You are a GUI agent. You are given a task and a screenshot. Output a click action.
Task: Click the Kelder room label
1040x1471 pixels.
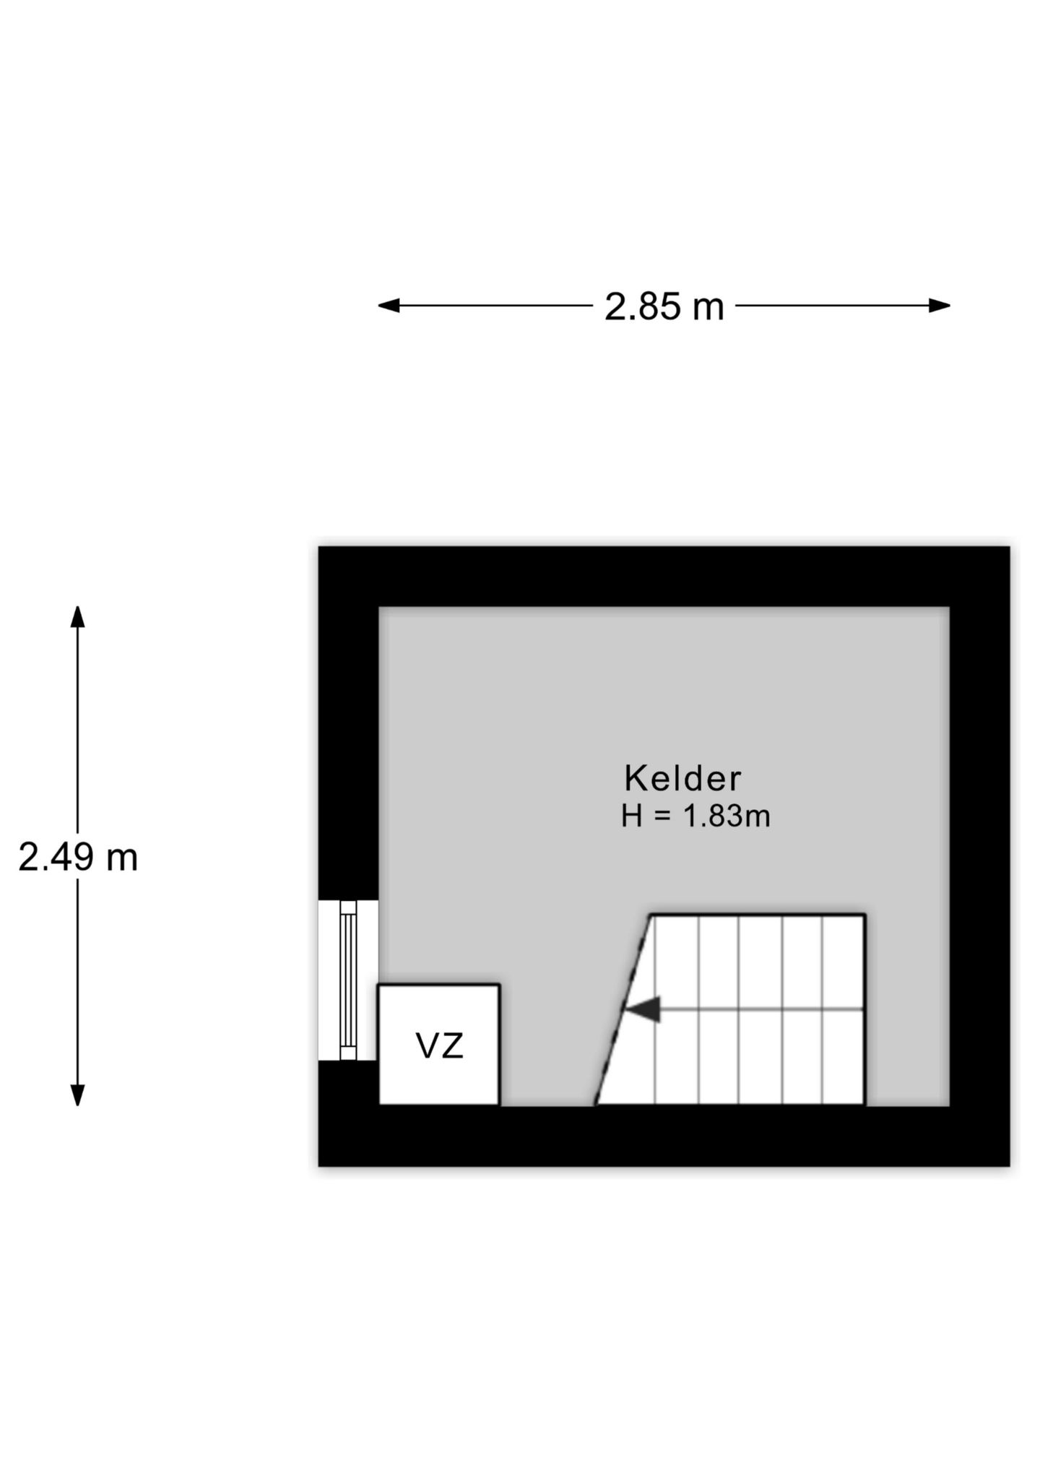point(682,779)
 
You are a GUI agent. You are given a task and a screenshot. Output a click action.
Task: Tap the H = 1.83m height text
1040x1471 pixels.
point(695,816)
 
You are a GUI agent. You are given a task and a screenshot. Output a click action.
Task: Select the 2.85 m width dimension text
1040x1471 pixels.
point(664,306)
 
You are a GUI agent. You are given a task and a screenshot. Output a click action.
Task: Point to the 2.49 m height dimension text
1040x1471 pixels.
point(78,858)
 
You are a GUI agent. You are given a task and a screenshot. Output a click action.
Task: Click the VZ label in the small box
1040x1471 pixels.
point(439,1045)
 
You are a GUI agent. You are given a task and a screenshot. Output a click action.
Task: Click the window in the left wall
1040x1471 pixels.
point(348,980)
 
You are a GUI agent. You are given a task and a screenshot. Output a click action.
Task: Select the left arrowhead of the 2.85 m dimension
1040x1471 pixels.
point(389,306)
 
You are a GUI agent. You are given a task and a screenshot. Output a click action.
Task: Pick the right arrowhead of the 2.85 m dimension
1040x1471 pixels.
point(939,306)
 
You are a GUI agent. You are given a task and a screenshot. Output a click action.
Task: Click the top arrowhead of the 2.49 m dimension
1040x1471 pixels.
point(77,617)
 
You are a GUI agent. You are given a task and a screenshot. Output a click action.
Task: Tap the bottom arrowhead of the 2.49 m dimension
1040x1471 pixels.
point(77,1095)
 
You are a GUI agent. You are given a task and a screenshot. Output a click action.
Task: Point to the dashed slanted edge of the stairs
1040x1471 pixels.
point(623,1010)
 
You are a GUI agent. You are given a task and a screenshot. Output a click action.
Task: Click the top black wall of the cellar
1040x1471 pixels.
point(664,577)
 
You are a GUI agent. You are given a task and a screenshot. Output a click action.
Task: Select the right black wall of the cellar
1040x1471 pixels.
point(979,856)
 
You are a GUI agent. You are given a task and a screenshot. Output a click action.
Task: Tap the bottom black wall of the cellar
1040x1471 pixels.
point(664,1136)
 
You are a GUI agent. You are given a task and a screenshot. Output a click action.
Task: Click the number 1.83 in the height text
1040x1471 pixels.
point(713,816)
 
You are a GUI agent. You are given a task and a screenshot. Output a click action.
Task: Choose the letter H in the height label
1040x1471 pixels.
point(631,816)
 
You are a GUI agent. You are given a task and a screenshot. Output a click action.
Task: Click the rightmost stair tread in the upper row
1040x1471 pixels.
point(844,962)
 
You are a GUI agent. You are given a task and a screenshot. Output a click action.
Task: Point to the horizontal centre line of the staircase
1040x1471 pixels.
point(744,1009)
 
